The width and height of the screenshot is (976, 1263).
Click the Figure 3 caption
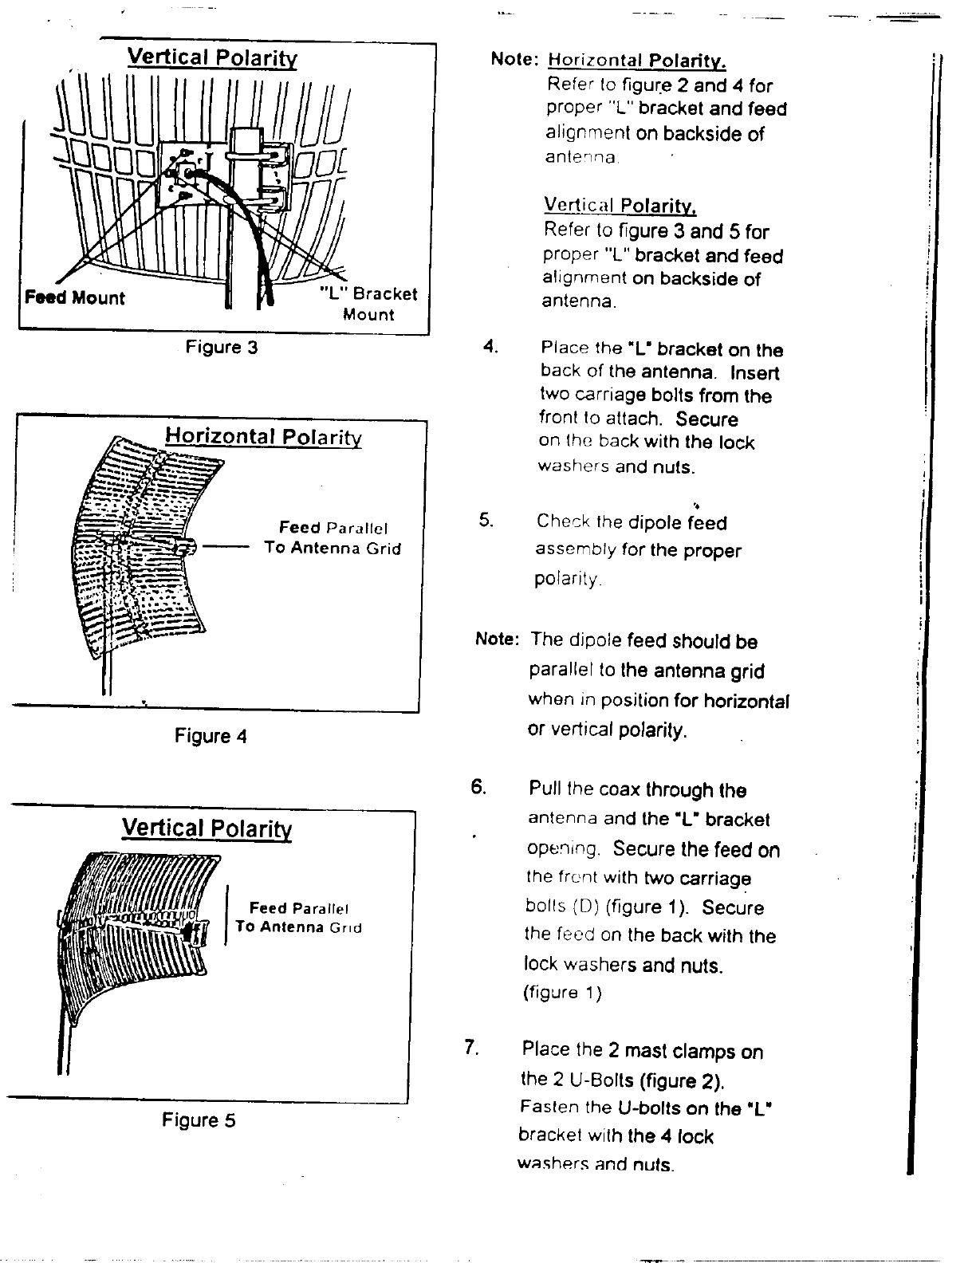click(222, 348)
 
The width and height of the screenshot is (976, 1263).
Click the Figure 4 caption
click(211, 737)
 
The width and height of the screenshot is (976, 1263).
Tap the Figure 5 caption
click(199, 1120)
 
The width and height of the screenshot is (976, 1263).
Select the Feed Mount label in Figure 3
click(75, 298)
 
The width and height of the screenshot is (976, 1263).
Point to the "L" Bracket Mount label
click(368, 304)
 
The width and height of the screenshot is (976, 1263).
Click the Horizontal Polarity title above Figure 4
click(263, 437)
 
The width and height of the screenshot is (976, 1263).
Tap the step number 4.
click(490, 347)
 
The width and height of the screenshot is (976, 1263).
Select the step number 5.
click(486, 521)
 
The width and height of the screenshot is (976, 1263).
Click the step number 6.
click(478, 788)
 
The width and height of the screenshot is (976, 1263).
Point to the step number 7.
click(470, 1047)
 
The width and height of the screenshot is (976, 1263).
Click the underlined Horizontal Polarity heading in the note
click(637, 61)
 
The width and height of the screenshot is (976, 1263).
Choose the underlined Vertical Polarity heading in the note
click(620, 206)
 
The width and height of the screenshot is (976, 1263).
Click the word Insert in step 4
click(754, 373)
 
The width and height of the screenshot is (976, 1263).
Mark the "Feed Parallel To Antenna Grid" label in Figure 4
click(333, 538)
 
